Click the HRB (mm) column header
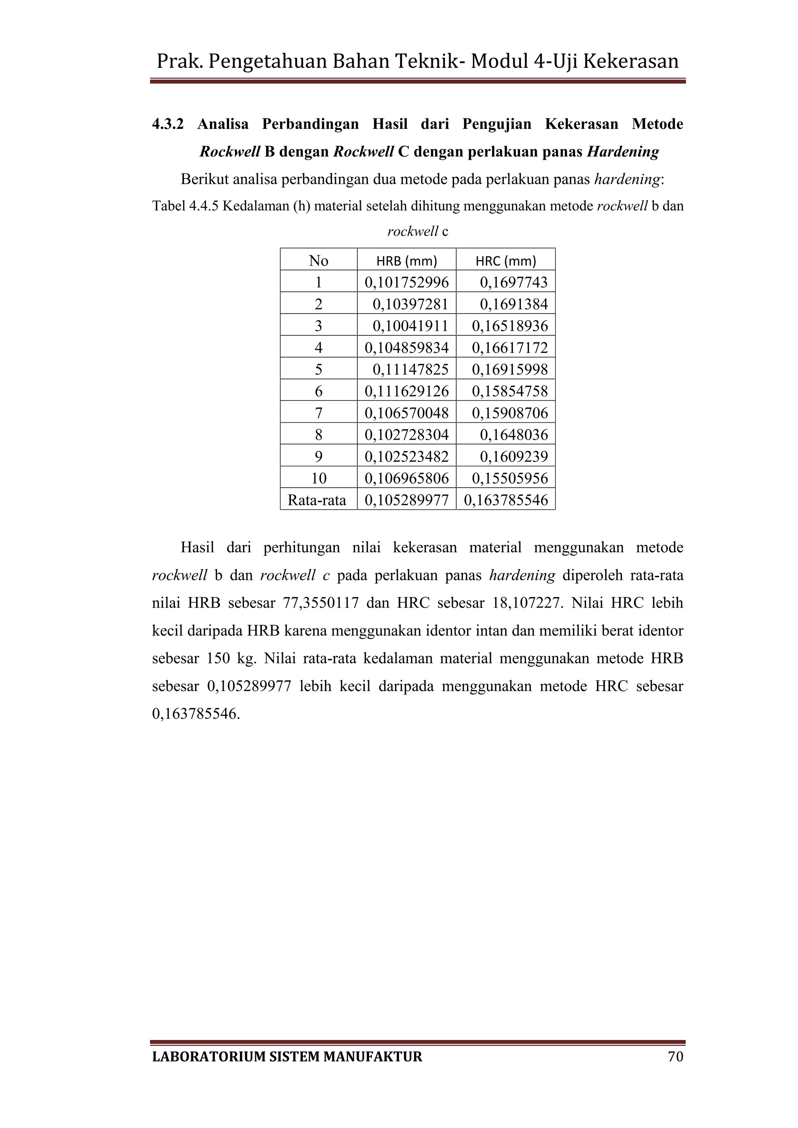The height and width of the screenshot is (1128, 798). click(x=406, y=261)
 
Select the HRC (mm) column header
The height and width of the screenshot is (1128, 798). click(x=506, y=261)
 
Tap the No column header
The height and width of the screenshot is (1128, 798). click(x=318, y=261)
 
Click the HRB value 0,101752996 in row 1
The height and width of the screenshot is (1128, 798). click(x=406, y=282)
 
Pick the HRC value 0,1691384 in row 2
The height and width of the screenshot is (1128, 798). click(x=514, y=304)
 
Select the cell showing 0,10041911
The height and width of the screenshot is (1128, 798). click(x=410, y=326)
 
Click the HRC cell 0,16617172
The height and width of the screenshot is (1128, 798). click(x=510, y=348)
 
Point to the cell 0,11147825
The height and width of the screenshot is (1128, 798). click(x=410, y=370)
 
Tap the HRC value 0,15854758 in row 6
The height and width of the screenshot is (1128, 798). click(x=510, y=391)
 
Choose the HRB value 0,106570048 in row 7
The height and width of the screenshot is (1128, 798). click(x=406, y=413)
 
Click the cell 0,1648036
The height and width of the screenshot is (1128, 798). click(x=514, y=435)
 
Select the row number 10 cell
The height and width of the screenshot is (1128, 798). click(x=318, y=478)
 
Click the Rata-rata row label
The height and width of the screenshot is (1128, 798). click(x=317, y=500)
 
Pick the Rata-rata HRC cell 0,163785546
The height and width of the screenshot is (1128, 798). click(x=506, y=500)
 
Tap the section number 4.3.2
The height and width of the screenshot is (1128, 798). click(x=168, y=124)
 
